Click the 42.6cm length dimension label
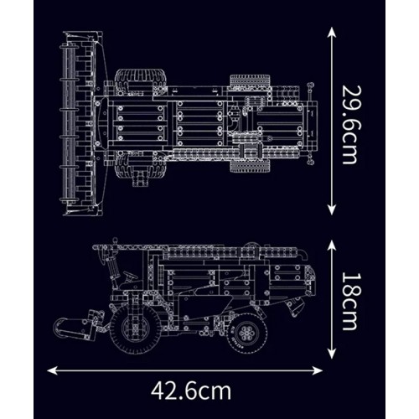[x=191, y=391]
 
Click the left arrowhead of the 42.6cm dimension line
[x=52, y=370]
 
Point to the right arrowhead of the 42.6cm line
[x=318, y=370]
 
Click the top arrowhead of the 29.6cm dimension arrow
[x=332, y=32]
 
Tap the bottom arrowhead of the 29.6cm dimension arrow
[x=332, y=209]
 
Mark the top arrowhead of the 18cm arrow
[x=332, y=246]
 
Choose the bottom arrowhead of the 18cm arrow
[x=332, y=354]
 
